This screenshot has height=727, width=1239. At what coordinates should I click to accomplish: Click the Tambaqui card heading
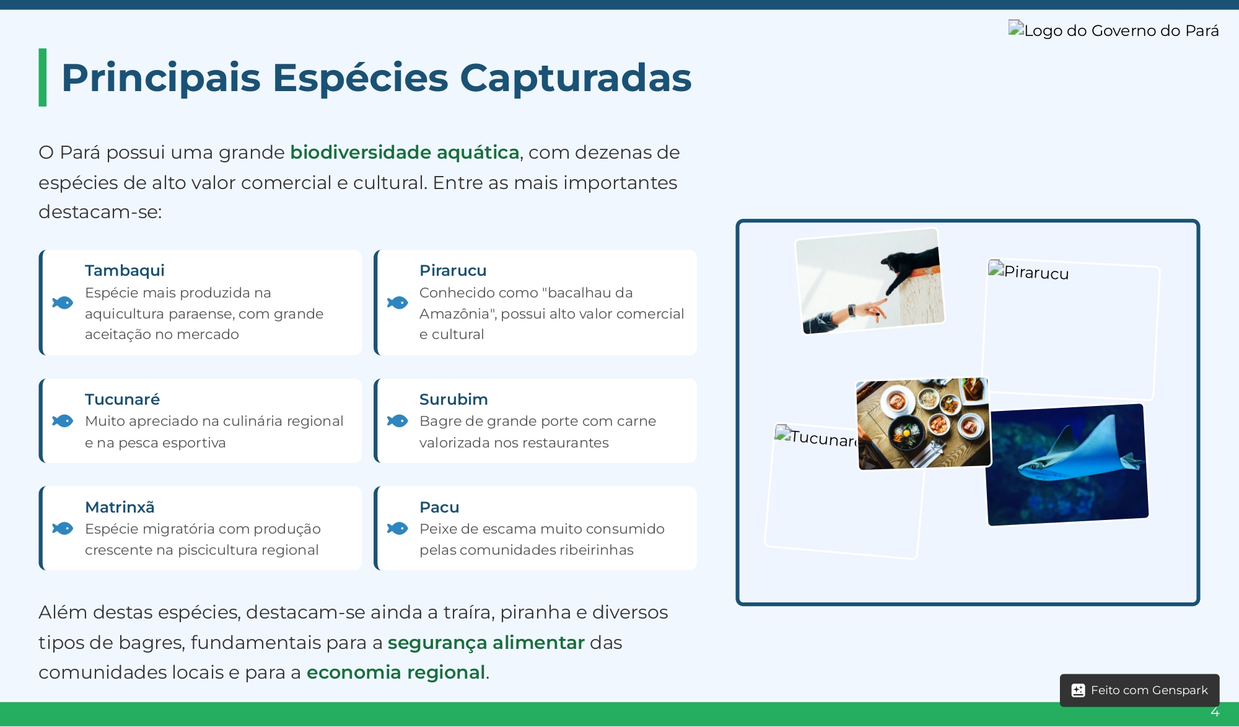pyautogui.click(x=125, y=271)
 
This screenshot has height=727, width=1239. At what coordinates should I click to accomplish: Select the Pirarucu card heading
pyautogui.click(x=453, y=271)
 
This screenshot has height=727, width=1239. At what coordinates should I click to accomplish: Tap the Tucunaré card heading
pyautogui.click(x=122, y=399)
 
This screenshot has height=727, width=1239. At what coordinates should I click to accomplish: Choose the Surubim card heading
pyautogui.click(x=453, y=399)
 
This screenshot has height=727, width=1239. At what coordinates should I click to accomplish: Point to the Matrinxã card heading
pyautogui.click(x=120, y=507)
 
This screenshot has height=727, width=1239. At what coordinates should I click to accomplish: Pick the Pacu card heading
pyautogui.click(x=439, y=507)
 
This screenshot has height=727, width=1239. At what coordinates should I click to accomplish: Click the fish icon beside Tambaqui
pyautogui.click(x=63, y=302)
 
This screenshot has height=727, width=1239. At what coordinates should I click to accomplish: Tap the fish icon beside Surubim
pyautogui.click(x=398, y=421)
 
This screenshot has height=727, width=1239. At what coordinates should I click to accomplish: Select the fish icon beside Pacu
pyautogui.click(x=398, y=528)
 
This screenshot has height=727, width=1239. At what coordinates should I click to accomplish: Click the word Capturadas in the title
pyautogui.click(x=576, y=78)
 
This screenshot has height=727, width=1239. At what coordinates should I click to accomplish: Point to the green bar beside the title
pyautogui.click(x=43, y=77)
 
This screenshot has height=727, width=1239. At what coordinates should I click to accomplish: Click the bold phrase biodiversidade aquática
pyautogui.click(x=405, y=152)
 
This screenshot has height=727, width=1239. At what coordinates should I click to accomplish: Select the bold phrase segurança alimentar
pyautogui.click(x=486, y=643)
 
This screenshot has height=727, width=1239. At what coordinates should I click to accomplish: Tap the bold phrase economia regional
pyautogui.click(x=396, y=672)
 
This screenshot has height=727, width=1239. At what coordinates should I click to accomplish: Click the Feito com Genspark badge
pyautogui.click(x=1140, y=690)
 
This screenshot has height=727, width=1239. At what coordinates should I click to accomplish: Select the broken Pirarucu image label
pyautogui.click(x=1029, y=272)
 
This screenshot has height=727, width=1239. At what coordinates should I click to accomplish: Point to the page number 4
pyautogui.click(x=1215, y=712)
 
